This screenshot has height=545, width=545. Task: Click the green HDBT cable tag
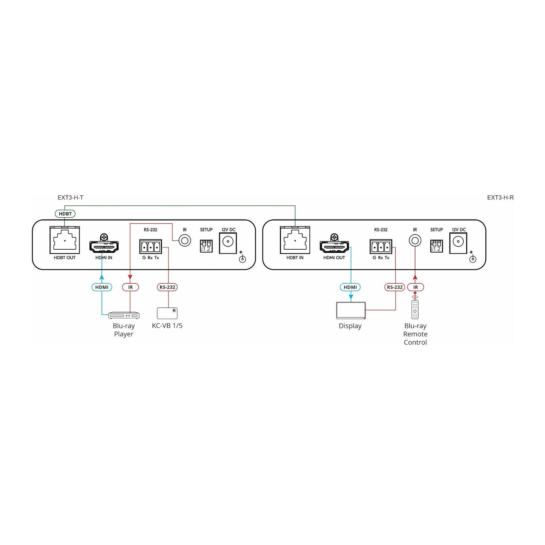tap(65, 214)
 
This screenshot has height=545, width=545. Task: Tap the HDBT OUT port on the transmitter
tap(65, 240)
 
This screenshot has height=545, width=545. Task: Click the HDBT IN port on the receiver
tap(295, 240)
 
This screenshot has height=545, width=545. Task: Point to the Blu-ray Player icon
tap(124, 315)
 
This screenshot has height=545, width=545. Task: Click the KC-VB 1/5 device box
tap(167, 313)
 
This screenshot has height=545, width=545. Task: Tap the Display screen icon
tap(351, 310)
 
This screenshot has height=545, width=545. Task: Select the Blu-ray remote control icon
tap(415, 310)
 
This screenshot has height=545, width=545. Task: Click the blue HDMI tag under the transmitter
tap(102, 287)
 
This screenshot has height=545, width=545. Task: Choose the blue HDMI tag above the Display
tap(350, 287)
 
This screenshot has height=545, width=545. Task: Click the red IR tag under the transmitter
tap(130, 287)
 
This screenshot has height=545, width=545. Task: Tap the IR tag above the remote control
tap(416, 287)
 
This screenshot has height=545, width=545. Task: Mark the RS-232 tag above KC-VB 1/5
tap(167, 287)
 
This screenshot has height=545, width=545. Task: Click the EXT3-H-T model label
tap(71, 198)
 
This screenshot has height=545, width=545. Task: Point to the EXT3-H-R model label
tap(500, 198)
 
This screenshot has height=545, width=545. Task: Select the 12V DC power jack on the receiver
tap(458, 243)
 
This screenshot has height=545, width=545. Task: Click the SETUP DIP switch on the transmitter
tap(206, 246)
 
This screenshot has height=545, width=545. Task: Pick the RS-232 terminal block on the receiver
tap(381, 247)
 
